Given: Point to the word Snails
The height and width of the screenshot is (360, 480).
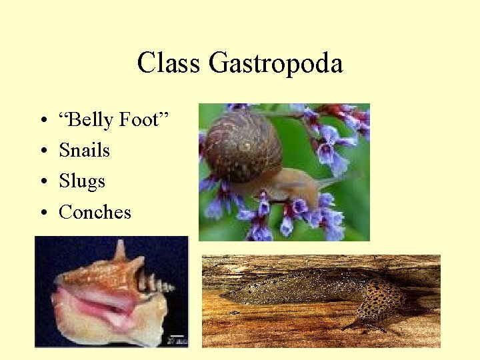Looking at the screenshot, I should point(84,151).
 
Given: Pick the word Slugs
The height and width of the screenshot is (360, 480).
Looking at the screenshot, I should point(82,181).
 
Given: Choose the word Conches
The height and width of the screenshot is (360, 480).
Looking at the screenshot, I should point(95,212).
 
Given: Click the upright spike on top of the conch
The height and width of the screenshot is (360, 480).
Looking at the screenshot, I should point(120,249).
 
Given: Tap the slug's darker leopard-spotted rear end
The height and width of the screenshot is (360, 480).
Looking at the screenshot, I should point(380,303).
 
